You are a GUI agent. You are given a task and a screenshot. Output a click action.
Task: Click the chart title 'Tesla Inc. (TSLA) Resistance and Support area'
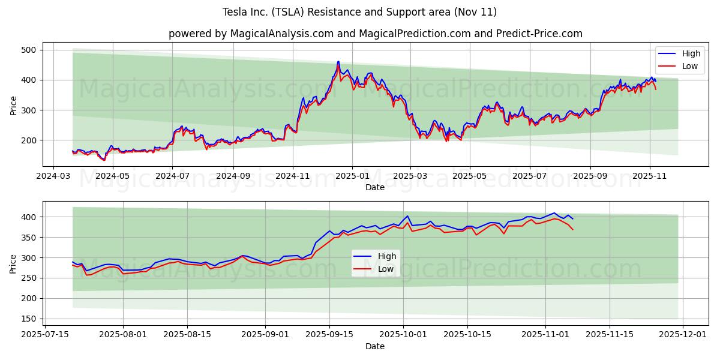[x=359, y=12]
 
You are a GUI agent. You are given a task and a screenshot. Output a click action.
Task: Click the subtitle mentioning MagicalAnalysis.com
[x=375, y=34]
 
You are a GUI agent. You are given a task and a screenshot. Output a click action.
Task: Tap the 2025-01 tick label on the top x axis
[x=352, y=176]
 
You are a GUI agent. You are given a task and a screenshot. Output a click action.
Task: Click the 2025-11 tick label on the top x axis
[x=649, y=176]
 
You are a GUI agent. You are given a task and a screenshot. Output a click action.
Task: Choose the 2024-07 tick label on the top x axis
[x=172, y=176]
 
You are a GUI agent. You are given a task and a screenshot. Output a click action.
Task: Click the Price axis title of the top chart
[x=13, y=104]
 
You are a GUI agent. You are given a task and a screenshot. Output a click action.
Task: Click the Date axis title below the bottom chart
[x=375, y=346]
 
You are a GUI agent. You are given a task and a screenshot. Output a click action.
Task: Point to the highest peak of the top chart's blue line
[x=338, y=61]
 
